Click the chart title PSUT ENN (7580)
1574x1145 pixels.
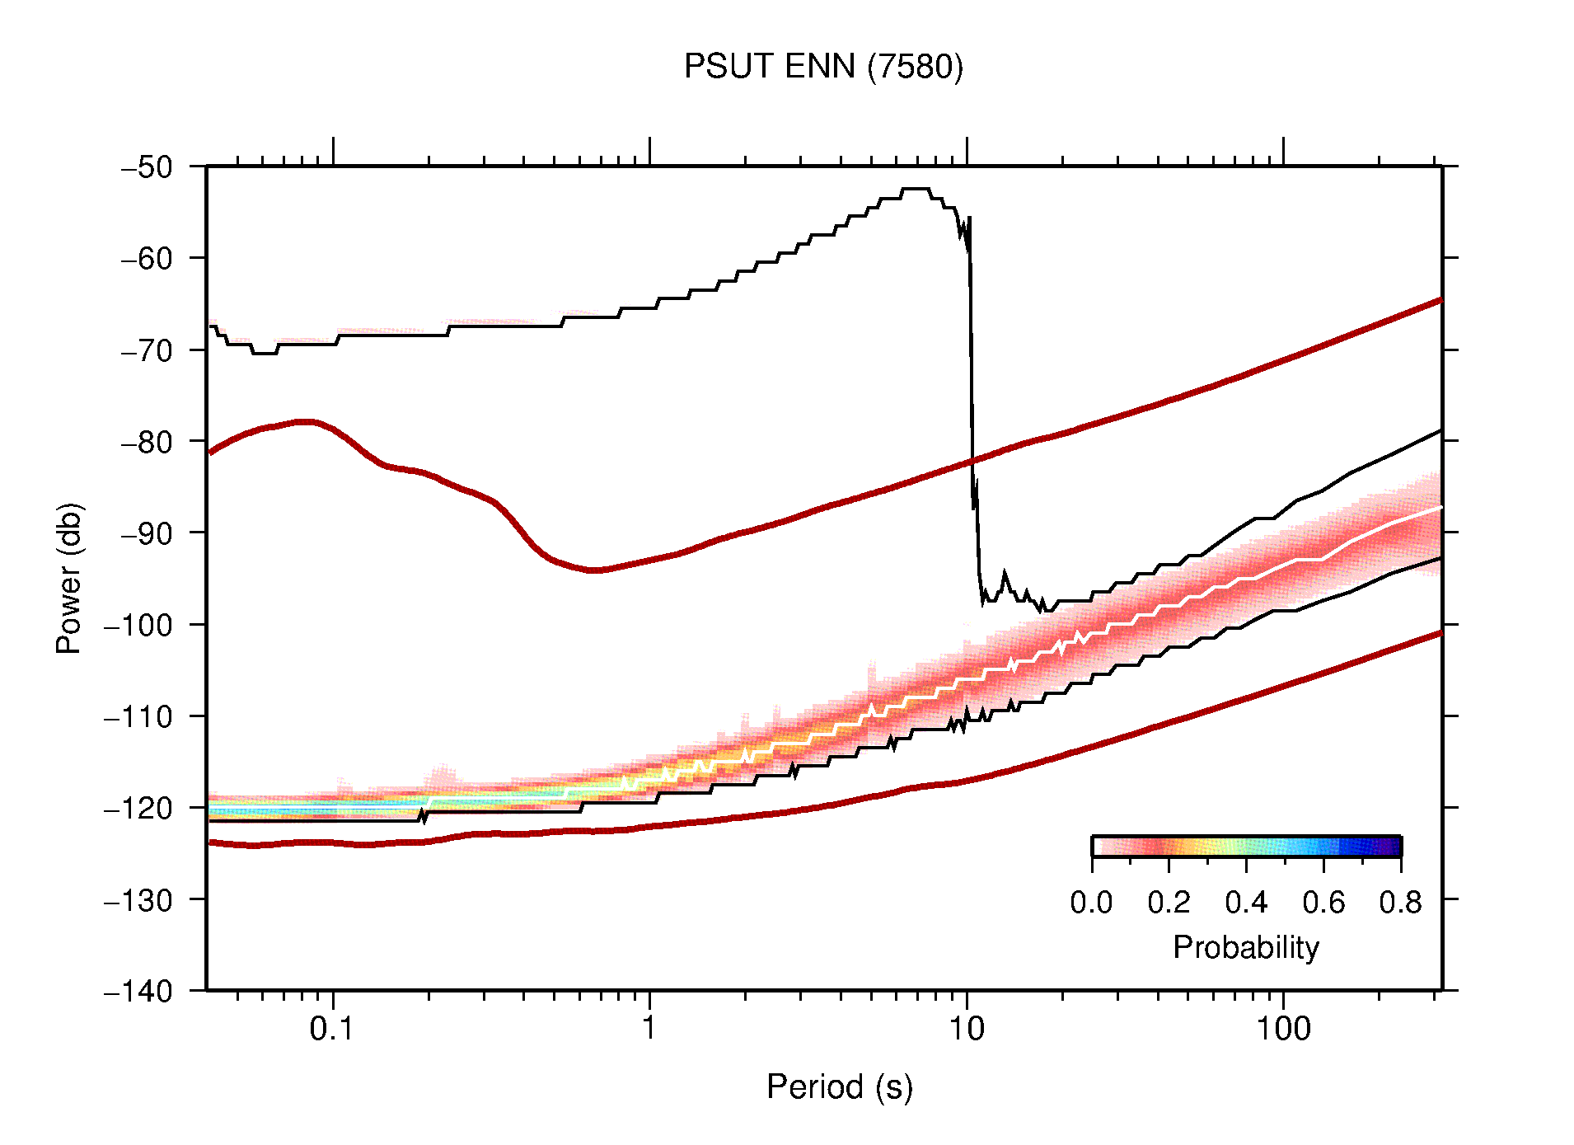click(x=822, y=67)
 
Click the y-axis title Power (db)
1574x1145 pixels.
click(x=69, y=578)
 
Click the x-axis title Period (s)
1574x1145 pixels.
click(x=839, y=1087)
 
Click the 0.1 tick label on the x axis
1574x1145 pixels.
click(x=332, y=1029)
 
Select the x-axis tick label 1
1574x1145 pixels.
click(x=649, y=1029)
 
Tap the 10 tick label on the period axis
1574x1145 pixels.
click(x=966, y=1029)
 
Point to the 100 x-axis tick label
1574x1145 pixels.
click(x=1282, y=1029)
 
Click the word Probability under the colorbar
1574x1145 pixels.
click(x=1245, y=947)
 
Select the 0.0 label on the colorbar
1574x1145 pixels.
click(x=1091, y=903)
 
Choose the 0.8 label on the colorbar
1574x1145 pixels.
click(x=1400, y=903)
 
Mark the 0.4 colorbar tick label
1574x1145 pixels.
click(x=1245, y=903)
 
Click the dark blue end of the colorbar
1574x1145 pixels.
click(x=1393, y=847)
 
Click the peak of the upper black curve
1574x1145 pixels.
click(x=916, y=190)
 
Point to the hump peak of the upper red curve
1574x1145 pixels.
click(x=307, y=421)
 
